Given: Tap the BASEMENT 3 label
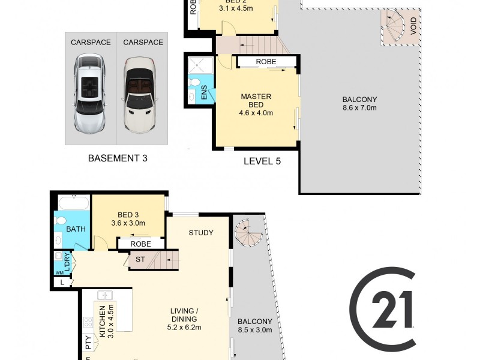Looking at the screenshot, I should [118, 158].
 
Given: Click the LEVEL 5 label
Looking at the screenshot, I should [262, 161].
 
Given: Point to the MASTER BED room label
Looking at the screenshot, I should [256, 101].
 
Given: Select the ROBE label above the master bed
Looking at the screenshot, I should [266, 62].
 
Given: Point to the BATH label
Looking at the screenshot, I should [76, 229].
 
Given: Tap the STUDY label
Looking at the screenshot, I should [201, 233].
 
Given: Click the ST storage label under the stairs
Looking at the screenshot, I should [140, 259].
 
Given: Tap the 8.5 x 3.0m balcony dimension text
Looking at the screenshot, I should [255, 330].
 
